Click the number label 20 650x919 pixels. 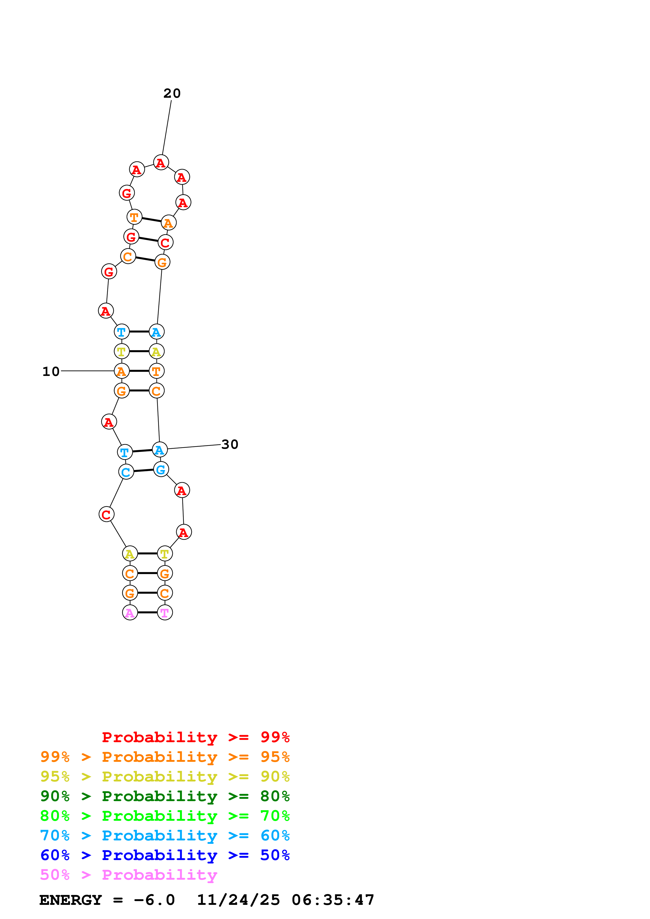(x=172, y=93)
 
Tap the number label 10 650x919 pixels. (x=51, y=371)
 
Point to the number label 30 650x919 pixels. (x=229, y=444)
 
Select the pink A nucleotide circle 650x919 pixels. (x=130, y=612)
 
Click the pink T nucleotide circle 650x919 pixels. (x=165, y=612)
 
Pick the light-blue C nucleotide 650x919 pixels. (x=126, y=472)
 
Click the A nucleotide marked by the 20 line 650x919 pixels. (x=161, y=162)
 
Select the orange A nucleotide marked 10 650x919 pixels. (x=121, y=371)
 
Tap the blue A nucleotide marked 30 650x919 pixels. (x=159, y=450)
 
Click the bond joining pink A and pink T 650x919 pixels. (x=147, y=612)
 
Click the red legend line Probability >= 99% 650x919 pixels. (x=195, y=737)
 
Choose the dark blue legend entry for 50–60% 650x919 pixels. (x=165, y=855)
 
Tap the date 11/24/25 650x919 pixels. (x=238, y=900)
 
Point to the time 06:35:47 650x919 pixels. (x=333, y=900)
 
